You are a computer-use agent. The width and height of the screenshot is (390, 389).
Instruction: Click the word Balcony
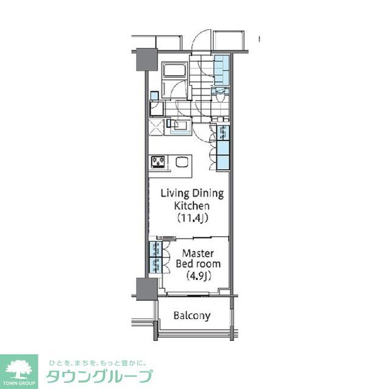coord(192,316)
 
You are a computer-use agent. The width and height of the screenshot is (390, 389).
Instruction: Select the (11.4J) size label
coord(192,217)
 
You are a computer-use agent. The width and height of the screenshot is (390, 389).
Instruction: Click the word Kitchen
coord(192,206)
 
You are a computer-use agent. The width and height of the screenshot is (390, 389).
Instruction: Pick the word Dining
coord(208,194)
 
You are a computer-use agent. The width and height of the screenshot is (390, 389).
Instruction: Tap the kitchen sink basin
coord(182,162)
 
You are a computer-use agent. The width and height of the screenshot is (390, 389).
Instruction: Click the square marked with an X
coord(157,127)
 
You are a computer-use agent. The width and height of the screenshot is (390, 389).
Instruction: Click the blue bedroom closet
coord(152,258)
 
